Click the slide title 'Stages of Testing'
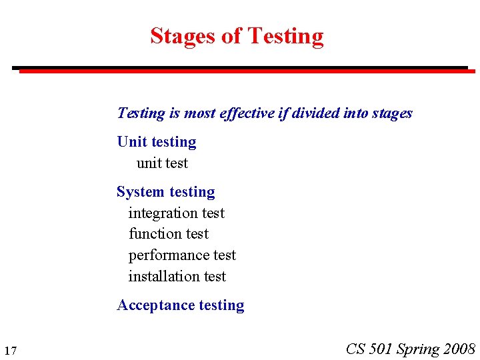[237, 36]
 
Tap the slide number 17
[10, 351]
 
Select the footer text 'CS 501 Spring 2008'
[411, 349]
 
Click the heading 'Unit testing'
[157, 142]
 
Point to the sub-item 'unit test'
[162, 163]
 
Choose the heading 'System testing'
[166, 192]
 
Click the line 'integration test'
[177, 213]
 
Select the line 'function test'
[169, 234]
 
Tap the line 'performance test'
[182, 255]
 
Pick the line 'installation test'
[177, 276]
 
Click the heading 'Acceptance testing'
[181, 305]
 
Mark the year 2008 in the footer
[459, 349]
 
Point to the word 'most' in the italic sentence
[199, 113]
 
